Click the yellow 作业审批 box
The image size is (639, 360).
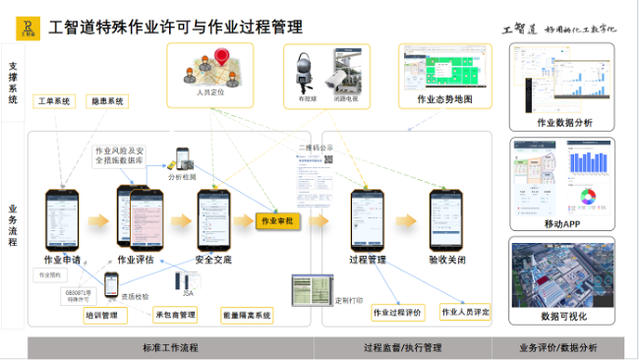(x=276, y=221)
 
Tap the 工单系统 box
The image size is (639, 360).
(x=54, y=100)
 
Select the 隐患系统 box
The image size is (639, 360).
(x=107, y=100)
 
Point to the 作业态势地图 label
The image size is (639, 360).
(x=444, y=99)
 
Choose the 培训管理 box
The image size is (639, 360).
(x=101, y=315)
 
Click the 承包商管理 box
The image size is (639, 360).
(x=175, y=315)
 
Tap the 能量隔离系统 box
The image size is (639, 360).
(x=247, y=315)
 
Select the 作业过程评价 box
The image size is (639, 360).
(x=397, y=313)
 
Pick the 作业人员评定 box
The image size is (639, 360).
(x=466, y=313)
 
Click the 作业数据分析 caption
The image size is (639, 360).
(x=564, y=123)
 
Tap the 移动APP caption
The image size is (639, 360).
(x=563, y=223)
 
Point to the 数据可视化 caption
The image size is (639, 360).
(x=563, y=317)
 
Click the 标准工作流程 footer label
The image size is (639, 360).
(x=170, y=348)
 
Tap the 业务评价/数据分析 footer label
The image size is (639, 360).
(x=563, y=348)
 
